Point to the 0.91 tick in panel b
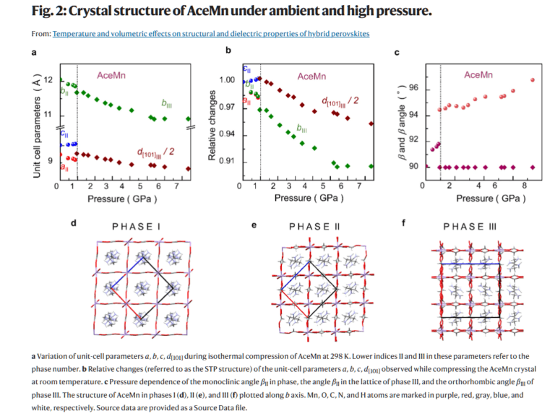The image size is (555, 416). pos(228,161)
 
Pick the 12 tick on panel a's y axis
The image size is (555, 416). pos(48,79)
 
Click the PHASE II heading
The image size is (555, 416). pos(314,226)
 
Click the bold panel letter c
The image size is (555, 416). pos(397,52)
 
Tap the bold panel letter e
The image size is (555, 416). pos(254,225)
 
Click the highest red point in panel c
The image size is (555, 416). pos(533,79)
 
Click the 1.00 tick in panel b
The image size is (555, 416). pos(228,80)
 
